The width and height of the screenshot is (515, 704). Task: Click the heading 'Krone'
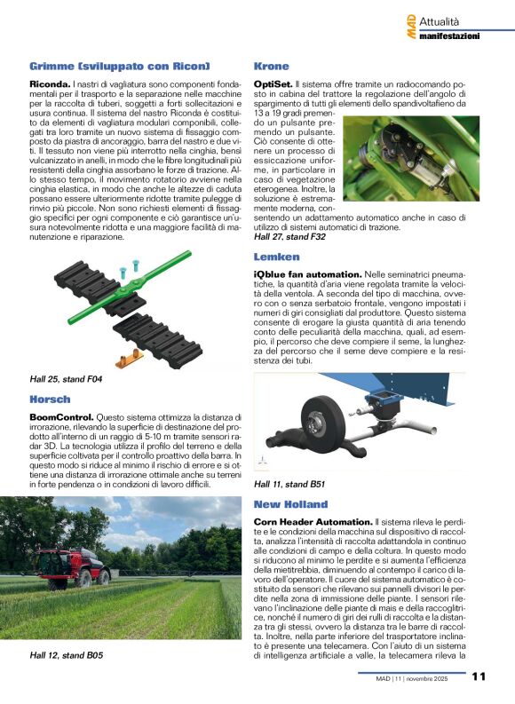(x=271, y=67)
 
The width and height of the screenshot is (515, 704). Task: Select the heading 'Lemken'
(x=276, y=257)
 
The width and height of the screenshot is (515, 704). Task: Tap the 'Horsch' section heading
(x=50, y=399)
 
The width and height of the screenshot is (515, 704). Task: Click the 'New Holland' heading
(x=290, y=504)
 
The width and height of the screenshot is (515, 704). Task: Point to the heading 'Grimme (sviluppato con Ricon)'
(x=119, y=67)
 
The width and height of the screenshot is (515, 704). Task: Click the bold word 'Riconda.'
(x=51, y=83)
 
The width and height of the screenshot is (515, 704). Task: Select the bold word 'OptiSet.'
(x=273, y=83)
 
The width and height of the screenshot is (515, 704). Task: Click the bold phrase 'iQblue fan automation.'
(x=307, y=273)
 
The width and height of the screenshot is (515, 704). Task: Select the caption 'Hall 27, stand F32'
(x=290, y=237)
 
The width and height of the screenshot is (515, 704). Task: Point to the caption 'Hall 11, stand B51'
(x=289, y=485)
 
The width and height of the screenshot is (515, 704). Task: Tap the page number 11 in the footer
(x=479, y=676)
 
